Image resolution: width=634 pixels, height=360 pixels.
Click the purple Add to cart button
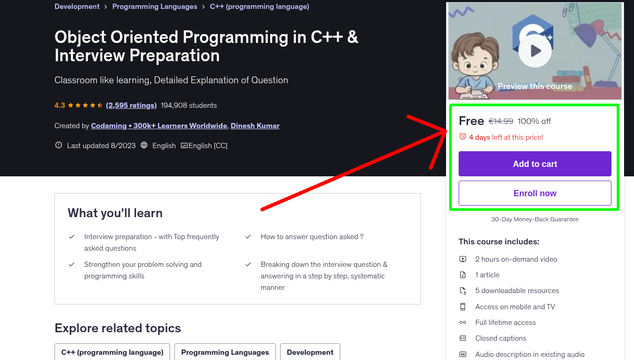click(x=535, y=164)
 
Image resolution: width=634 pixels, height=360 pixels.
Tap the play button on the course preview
click(x=535, y=51)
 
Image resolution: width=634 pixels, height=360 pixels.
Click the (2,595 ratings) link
click(x=131, y=105)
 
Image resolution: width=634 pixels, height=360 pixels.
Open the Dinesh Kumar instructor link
click(x=255, y=126)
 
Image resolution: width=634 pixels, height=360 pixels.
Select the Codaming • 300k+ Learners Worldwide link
click(x=159, y=126)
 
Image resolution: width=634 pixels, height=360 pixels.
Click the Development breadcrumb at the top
click(x=77, y=7)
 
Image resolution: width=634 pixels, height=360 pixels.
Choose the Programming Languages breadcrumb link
click(x=154, y=7)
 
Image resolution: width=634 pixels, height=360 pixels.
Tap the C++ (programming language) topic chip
click(x=112, y=352)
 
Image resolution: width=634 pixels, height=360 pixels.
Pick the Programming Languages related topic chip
click(x=225, y=352)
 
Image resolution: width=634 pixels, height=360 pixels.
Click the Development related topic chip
click(x=310, y=352)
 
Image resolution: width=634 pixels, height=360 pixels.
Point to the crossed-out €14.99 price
click(x=500, y=121)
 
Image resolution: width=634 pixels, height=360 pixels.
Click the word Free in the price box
click(x=471, y=121)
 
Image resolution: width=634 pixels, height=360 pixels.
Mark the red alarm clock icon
click(x=462, y=137)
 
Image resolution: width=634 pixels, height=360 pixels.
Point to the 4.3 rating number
click(x=60, y=105)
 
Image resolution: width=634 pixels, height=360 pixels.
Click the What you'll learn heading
click(x=115, y=213)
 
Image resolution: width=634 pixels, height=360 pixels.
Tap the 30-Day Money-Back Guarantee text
click(x=535, y=219)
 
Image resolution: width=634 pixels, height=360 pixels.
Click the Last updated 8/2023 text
click(x=102, y=145)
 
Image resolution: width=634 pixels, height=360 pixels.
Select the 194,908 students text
click(x=188, y=105)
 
